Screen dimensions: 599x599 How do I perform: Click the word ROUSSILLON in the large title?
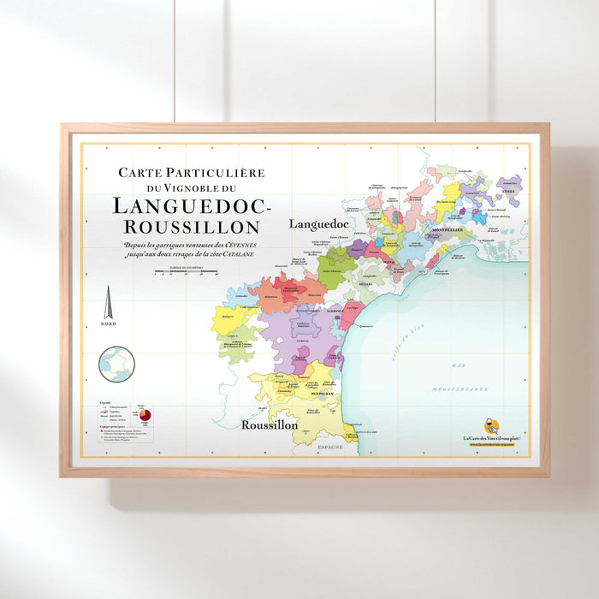point(192,227)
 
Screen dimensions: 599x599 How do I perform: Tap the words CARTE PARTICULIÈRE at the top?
point(192,172)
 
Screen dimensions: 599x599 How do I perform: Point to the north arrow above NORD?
point(108,304)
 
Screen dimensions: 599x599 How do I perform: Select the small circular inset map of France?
point(116,364)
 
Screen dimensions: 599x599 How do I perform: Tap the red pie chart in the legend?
point(145,416)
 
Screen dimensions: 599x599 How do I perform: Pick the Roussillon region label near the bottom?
point(269,424)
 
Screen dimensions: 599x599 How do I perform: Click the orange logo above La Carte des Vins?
point(491,425)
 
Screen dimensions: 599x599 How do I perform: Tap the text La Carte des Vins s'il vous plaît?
point(492,438)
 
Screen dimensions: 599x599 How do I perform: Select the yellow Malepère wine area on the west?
point(227,319)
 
